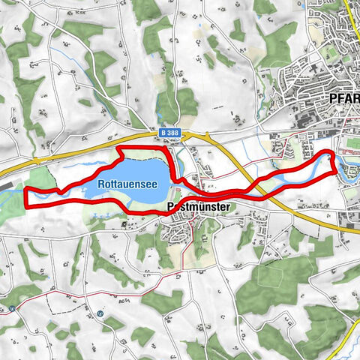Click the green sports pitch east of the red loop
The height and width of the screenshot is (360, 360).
click(350, 144)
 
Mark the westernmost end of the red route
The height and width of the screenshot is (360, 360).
click(27, 196)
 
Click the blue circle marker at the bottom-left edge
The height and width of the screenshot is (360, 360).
click(13, 308)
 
